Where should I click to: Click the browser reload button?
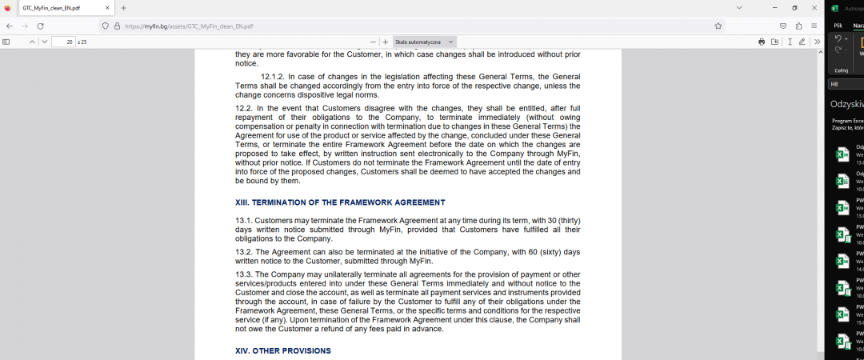(40, 26)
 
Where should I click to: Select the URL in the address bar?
(189, 26)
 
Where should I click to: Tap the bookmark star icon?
(718, 26)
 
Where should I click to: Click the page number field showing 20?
(63, 42)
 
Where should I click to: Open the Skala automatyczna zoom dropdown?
(424, 42)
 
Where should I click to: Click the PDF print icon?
(762, 42)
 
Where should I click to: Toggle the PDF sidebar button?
(6, 42)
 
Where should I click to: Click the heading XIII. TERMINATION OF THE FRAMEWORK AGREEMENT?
(340, 202)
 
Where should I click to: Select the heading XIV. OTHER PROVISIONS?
(282, 350)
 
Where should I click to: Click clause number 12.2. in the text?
(244, 107)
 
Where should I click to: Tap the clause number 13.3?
(244, 274)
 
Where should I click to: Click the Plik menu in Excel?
(838, 26)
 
